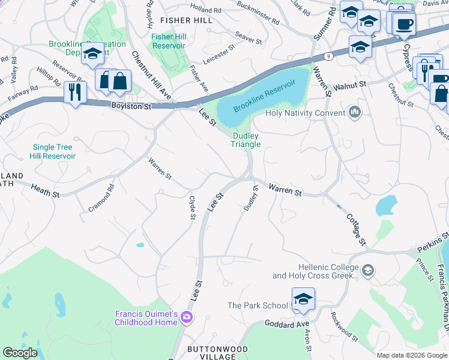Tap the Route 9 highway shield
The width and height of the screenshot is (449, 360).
329,56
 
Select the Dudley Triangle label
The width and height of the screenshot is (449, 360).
246,140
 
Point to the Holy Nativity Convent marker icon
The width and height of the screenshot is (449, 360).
355,112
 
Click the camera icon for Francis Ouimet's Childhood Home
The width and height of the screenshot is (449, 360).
188,317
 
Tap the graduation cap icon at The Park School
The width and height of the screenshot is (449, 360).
304,299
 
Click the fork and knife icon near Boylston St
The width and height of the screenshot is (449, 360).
75,92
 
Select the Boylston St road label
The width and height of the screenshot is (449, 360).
131,106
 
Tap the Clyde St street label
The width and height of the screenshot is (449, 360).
192,207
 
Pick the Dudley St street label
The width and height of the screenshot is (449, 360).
251,199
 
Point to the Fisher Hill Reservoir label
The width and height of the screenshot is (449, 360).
170,41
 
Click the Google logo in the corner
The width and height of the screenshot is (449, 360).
20,353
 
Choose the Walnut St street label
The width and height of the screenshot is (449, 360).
349,87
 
